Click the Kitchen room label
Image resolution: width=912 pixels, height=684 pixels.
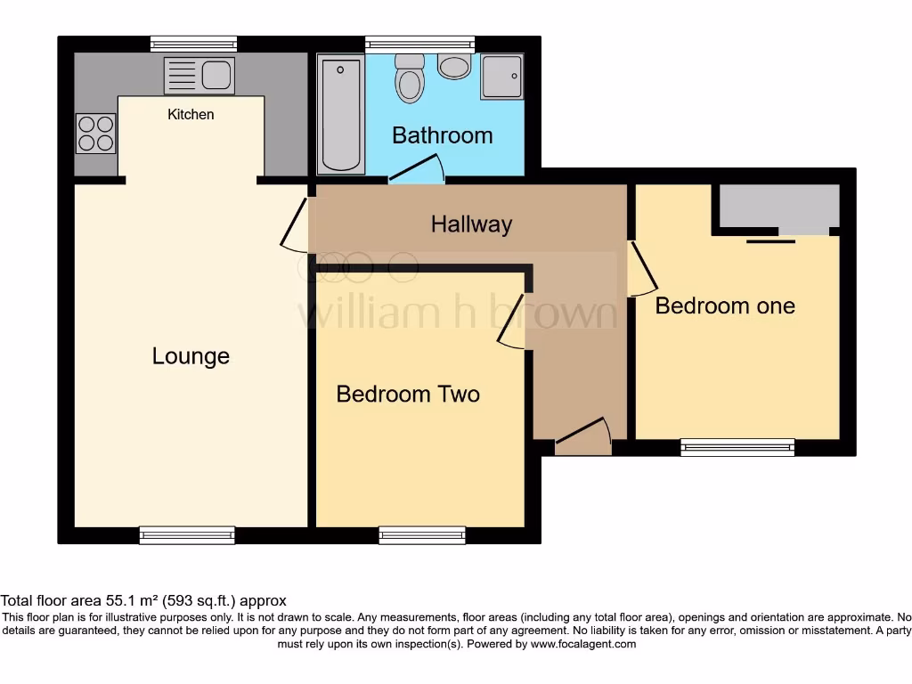point(191,114)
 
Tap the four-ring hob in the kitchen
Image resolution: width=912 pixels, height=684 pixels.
point(95,134)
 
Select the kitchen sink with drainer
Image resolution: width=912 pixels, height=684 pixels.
point(199,76)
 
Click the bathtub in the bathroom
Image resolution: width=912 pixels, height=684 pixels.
point(341,115)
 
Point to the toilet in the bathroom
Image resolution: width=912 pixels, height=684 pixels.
point(410,78)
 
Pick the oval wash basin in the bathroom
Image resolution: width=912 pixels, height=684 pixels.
point(455,66)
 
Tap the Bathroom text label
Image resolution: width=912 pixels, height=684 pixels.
point(442,135)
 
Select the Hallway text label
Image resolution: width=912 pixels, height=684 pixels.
point(471,224)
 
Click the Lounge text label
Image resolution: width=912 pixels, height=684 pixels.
point(191,356)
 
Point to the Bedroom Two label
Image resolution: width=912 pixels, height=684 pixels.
point(408,394)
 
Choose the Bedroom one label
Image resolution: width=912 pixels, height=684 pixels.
point(725,305)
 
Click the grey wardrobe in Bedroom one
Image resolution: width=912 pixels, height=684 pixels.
point(778,207)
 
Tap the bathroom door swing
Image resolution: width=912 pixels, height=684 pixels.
point(417,169)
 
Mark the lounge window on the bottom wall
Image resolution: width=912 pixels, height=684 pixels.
point(187,534)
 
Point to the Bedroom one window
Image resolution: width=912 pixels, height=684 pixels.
point(737,447)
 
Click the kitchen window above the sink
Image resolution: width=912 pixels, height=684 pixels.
point(193,44)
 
